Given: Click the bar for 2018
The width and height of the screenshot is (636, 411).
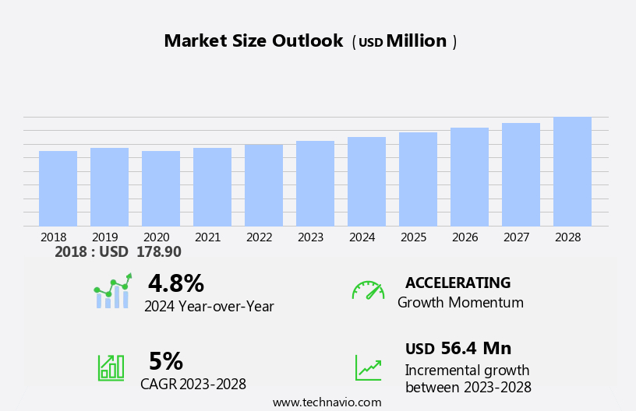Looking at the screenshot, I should pyautogui.click(x=58, y=188).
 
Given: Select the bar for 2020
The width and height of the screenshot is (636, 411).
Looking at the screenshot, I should pyautogui.click(x=161, y=188).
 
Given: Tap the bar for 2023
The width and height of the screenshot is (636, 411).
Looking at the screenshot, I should pyautogui.click(x=315, y=184).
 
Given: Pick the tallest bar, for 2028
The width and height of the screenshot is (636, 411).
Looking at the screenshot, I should pyautogui.click(x=572, y=171).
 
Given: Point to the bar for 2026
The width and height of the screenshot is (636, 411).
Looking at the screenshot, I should pyautogui.click(x=469, y=177).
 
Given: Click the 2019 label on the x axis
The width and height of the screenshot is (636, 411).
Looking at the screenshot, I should pyautogui.click(x=104, y=237).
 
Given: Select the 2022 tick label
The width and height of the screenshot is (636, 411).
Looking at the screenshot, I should pyautogui.click(x=259, y=237).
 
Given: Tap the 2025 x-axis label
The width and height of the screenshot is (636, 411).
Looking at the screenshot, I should pyautogui.click(x=413, y=237).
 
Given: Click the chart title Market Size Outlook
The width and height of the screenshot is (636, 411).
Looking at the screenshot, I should pyautogui.click(x=253, y=41).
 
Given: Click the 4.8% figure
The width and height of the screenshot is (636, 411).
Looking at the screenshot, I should pyautogui.click(x=175, y=283).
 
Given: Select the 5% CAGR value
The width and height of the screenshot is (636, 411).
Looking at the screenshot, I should pyautogui.click(x=165, y=361).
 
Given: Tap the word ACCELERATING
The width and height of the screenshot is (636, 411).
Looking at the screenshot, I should pyautogui.click(x=458, y=283).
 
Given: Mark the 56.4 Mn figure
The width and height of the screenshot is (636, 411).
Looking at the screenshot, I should pyautogui.click(x=475, y=349).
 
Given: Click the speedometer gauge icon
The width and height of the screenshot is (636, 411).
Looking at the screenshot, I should pyautogui.click(x=367, y=290).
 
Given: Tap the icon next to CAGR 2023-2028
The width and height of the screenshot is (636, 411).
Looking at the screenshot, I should pyautogui.click(x=111, y=367).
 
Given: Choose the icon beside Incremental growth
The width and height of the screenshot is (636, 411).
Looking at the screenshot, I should pyautogui.click(x=368, y=367).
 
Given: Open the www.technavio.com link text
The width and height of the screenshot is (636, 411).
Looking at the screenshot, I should pyautogui.click(x=327, y=402).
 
